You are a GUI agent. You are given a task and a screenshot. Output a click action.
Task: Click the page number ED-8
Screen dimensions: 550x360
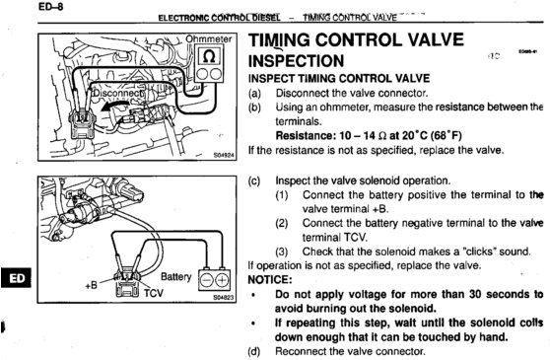pyautogui.click(x=51, y=7)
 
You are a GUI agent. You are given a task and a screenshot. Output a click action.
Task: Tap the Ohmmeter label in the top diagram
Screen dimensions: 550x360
pyautogui.click(x=208, y=38)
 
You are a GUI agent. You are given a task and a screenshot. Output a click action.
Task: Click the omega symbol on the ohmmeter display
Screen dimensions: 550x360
pyautogui.click(x=209, y=56)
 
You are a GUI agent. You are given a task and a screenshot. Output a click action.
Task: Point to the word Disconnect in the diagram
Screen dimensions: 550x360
pyautogui.click(x=117, y=93)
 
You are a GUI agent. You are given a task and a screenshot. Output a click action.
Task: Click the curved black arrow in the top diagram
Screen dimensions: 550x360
pyautogui.click(x=114, y=105)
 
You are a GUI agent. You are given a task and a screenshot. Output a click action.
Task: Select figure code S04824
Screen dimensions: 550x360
pyautogui.click(x=224, y=155)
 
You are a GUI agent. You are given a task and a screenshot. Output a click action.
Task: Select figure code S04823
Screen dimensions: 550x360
pyautogui.click(x=223, y=298)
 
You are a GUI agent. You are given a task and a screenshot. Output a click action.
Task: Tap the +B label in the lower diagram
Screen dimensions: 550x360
pyautogui.click(x=92, y=285)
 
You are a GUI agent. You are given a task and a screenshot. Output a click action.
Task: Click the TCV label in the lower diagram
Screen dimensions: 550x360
pyautogui.click(x=154, y=292)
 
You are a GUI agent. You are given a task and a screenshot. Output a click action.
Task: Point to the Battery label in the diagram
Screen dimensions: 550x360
pyautogui.click(x=176, y=277)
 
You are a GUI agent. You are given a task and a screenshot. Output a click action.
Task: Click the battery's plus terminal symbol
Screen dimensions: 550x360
pyautogui.click(x=223, y=280)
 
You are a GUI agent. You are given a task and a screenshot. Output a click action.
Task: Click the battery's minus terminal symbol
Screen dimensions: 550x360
pyautogui.click(x=207, y=280)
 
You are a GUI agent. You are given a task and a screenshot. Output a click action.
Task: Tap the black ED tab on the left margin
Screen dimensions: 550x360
pyautogui.click(x=16, y=277)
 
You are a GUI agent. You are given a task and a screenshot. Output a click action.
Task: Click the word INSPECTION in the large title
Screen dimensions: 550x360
pyautogui.click(x=296, y=61)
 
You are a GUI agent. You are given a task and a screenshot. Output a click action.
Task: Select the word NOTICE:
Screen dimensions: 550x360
pyautogui.click(x=270, y=280)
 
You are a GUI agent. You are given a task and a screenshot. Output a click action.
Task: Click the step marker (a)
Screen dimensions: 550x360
pyautogui.click(x=254, y=94)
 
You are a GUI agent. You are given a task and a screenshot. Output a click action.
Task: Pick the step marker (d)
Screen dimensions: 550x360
pyautogui.click(x=254, y=351)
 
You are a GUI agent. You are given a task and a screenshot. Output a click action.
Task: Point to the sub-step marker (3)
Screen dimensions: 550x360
pyautogui.click(x=282, y=252)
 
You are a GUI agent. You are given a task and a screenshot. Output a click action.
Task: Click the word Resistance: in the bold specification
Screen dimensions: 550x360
pyautogui.click(x=306, y=135)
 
